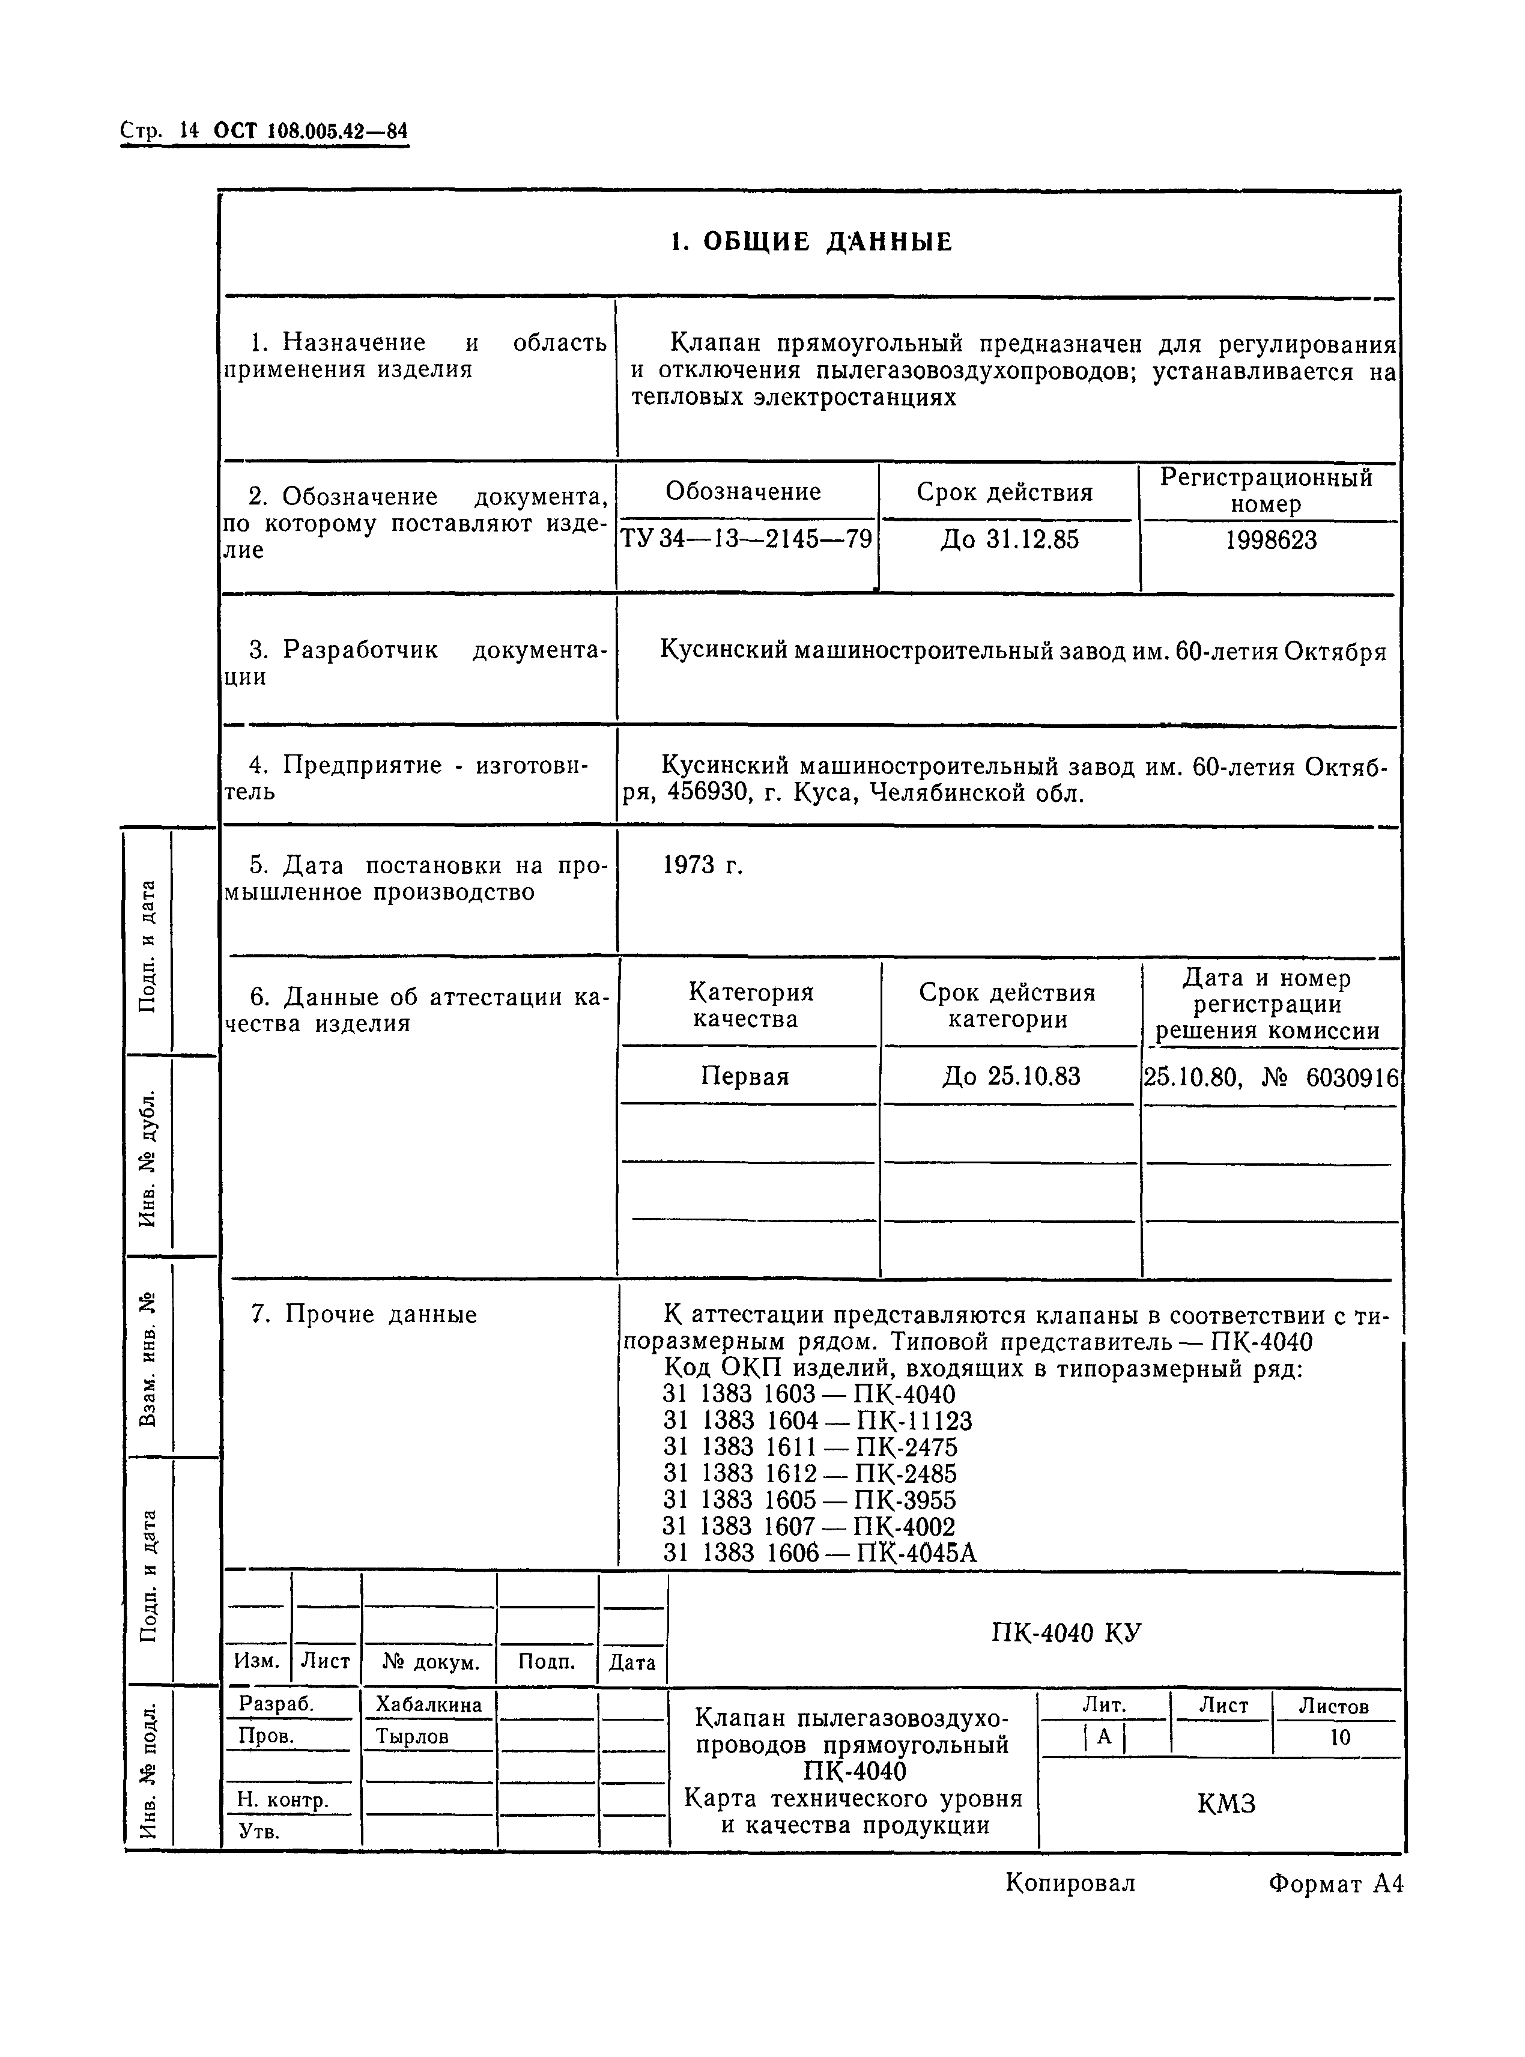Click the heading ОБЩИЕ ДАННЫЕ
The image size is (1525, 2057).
810,242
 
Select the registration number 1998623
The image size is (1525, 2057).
1270,540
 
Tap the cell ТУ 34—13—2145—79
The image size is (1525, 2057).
746,539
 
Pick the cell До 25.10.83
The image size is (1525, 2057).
1010,1077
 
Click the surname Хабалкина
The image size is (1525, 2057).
428,1706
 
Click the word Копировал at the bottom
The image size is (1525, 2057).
1070,1883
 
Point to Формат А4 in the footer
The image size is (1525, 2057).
1335,1883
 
